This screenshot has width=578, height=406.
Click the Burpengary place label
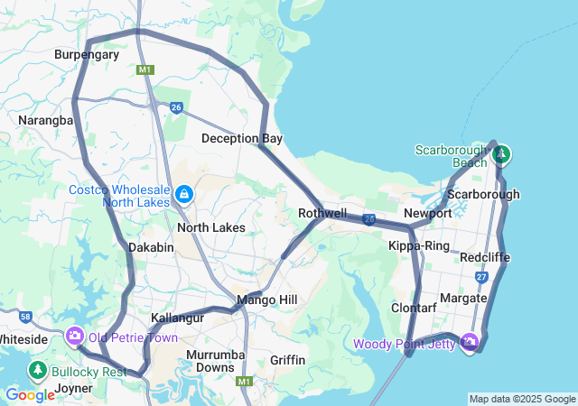point(87,54)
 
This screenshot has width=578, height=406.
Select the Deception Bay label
point(242,138)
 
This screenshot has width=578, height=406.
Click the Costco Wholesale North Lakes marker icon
point(184,194)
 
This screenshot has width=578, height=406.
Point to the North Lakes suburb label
point(210,227)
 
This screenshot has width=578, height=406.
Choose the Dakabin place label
point(151,246)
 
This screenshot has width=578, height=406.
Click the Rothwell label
point(322,214)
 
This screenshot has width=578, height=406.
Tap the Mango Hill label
point(266,299)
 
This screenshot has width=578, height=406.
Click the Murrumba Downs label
point(215,361)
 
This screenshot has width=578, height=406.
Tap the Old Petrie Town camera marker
point(74,337)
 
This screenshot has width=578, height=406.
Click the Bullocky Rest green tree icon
point(38,370)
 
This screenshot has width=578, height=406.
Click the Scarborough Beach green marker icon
point(501,154)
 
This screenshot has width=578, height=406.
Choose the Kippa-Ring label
point(419,245)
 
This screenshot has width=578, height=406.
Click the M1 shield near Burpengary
point(145,69)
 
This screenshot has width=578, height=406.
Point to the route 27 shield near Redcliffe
point(481,277)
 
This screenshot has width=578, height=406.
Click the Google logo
point(30,394)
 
